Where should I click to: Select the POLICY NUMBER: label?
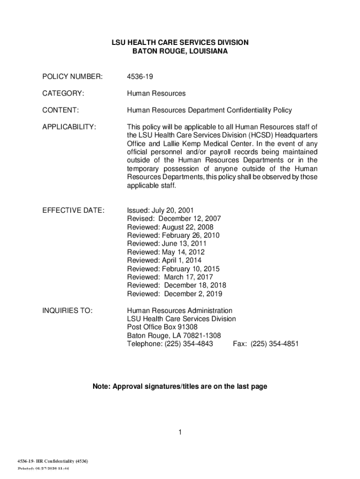pyautogui.click(x=72, y=77)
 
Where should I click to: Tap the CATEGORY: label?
pyautogui.click(x=63, y=94)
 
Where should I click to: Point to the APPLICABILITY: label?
pyautogui.click(x=69, y=127)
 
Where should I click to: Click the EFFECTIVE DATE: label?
pyautogui.click(x=73, y=210)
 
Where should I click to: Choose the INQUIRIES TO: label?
pyautogui.click(x=67, y=311)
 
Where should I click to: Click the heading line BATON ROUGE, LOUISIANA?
pyautogui.click(x=180, y=51)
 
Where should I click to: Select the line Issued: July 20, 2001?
pyautogui.click(x=160, y=210)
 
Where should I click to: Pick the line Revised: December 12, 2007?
pyautogui.click(x=174, y=218)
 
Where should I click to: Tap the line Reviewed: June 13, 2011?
pyautogui.click(x=166, y=244)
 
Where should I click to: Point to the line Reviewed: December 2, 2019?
pyautogui.click(x=175, y=294)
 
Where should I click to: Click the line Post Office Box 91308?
pyautogui.click(x=162, y=327)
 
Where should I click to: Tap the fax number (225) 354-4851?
pyautogui.click(x=274, y=344)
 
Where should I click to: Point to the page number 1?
pyautogui.click(x=180, y=432)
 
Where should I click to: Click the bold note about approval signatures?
pyautogui.click(x=180, y=386)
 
